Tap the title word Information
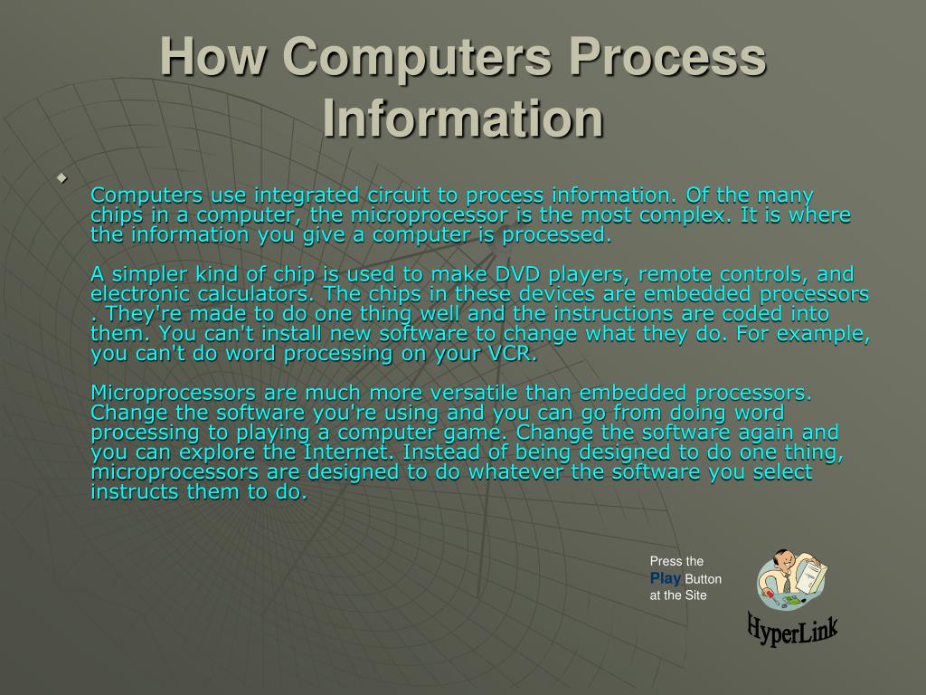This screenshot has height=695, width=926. click(462, 119)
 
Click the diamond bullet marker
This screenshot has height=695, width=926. click(62, 176)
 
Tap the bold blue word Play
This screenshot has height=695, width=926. click(666, 578)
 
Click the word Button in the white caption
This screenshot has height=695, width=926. click(704, 579)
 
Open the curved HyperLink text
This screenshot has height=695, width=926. click(792, 627)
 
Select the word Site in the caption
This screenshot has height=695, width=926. click(695, 595)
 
